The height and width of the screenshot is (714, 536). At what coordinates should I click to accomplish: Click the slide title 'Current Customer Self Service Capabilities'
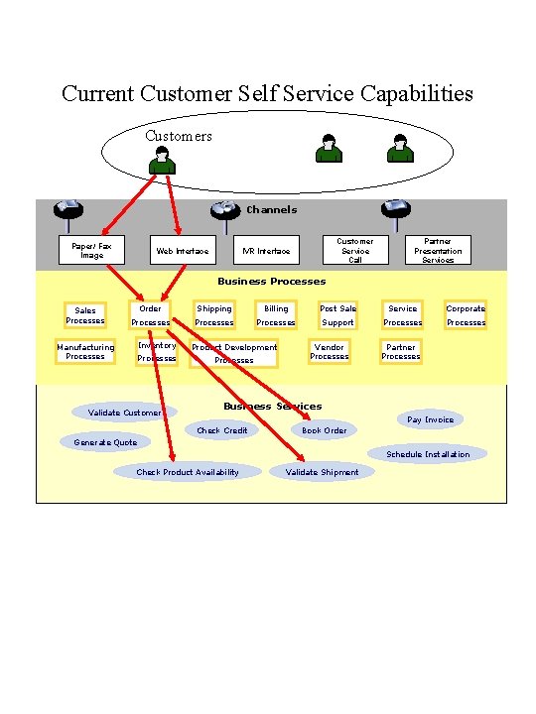coord(267,94)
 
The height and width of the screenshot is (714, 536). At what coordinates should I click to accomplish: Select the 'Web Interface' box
coord(183,251)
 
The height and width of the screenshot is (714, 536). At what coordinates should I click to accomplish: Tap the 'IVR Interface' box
coord(267,251)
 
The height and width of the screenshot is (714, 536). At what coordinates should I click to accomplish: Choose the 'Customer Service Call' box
coord(354,250)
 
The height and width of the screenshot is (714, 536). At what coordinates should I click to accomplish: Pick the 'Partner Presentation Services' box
coord(438,250)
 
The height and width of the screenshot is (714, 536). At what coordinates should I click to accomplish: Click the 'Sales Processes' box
coord(85,315)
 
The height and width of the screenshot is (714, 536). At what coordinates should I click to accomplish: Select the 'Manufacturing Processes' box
coord(85,352)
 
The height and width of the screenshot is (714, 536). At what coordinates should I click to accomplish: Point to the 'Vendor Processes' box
coord(330,352)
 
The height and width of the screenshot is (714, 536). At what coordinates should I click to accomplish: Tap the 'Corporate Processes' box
coord(466,315)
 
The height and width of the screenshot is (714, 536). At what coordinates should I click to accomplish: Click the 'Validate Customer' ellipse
coord(125,412)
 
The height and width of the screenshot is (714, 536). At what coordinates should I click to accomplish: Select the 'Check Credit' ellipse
coord(222,430)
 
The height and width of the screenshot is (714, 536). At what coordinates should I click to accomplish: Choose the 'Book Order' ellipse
coord(325,430)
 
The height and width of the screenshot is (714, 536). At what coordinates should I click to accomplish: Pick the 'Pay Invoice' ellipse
coord(430,419)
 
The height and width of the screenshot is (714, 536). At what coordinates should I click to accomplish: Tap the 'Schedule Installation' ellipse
coord(428,454)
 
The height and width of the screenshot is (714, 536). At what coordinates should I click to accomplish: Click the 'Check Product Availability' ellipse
coord(188,472)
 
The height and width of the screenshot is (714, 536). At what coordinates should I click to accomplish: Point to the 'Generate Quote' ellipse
coord(106,442)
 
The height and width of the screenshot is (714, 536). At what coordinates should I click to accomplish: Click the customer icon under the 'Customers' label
coord(162,160)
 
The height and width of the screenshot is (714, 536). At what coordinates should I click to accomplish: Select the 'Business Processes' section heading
coord(271,282)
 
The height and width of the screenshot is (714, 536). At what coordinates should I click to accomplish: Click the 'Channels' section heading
coord(271,209)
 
